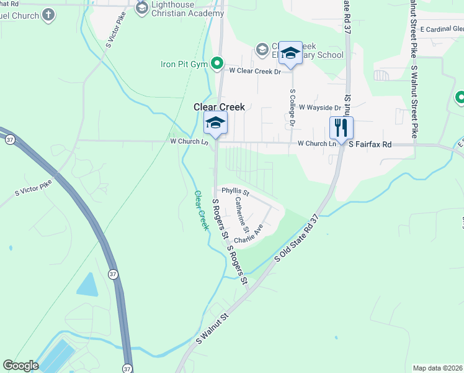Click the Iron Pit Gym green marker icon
(x=217, y=63)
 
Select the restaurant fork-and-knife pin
(x=341, y=128)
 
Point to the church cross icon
(x=48, y=15)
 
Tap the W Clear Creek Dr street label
(x=255, y=71)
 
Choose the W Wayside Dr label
(x=319, y=108)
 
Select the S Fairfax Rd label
(x=370, y=144)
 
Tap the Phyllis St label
(x=235, y=191)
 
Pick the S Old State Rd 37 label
(x=297, y=239)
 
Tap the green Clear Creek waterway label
(x=202, y=211)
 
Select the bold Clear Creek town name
(x=219, y=107)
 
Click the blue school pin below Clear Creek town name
(x=215, y=122)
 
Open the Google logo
(x=20, y=366)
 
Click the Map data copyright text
(x=438, y=368)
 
